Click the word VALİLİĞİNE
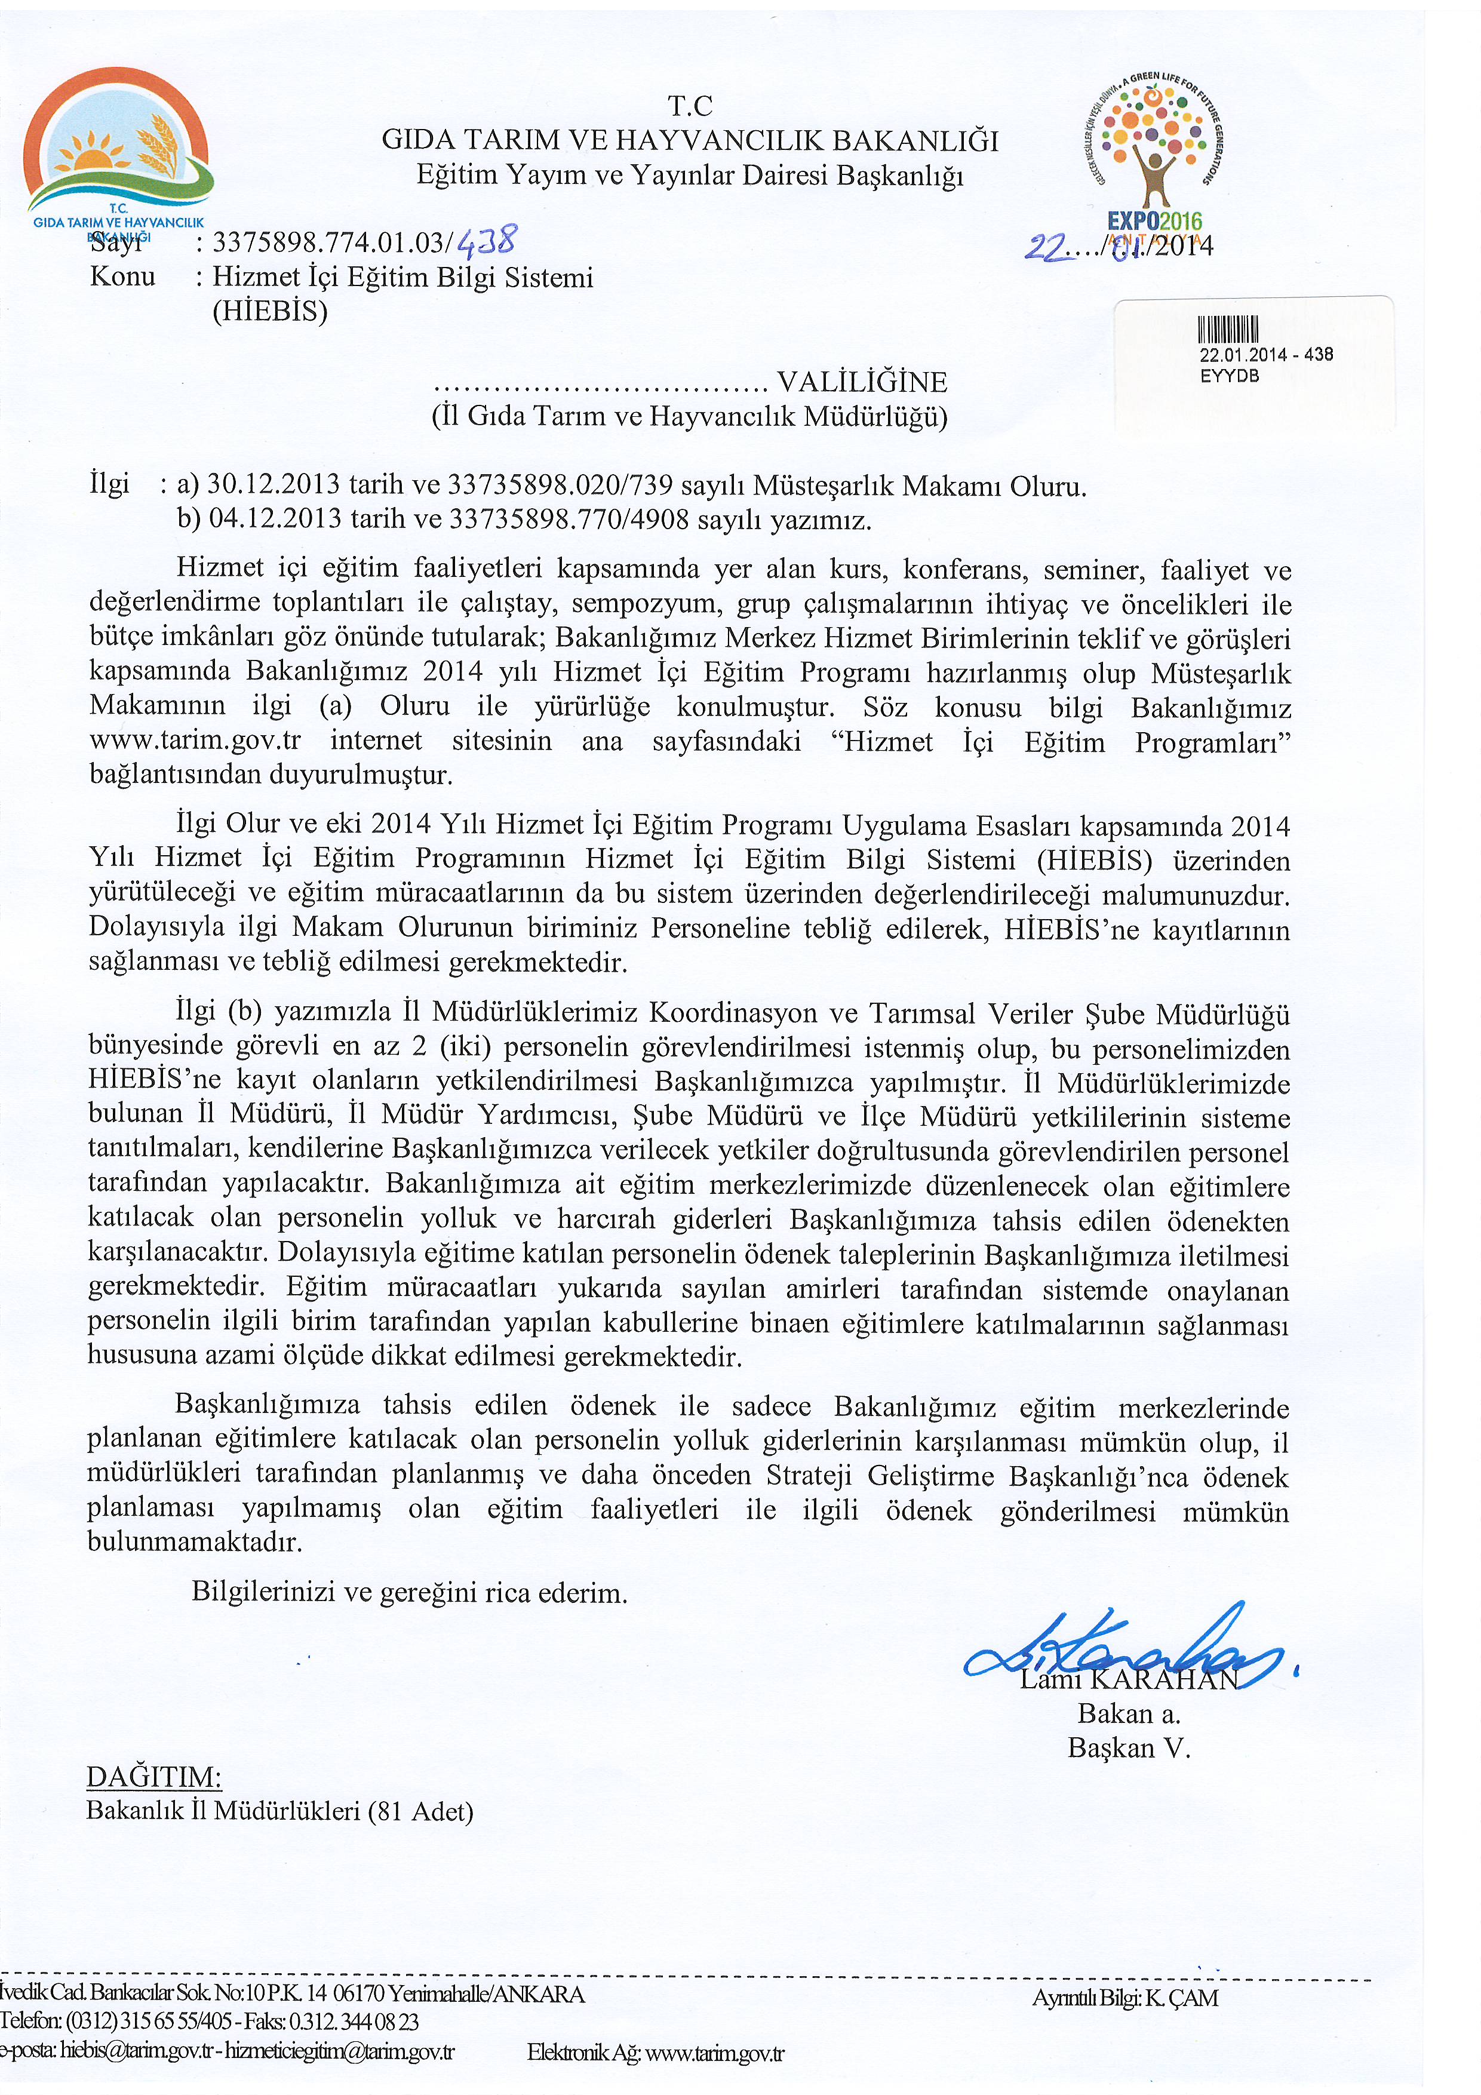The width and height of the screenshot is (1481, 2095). (861, 382)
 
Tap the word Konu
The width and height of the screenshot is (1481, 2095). (122, 277)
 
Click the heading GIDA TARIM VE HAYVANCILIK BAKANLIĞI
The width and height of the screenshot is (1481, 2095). (690, 140)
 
